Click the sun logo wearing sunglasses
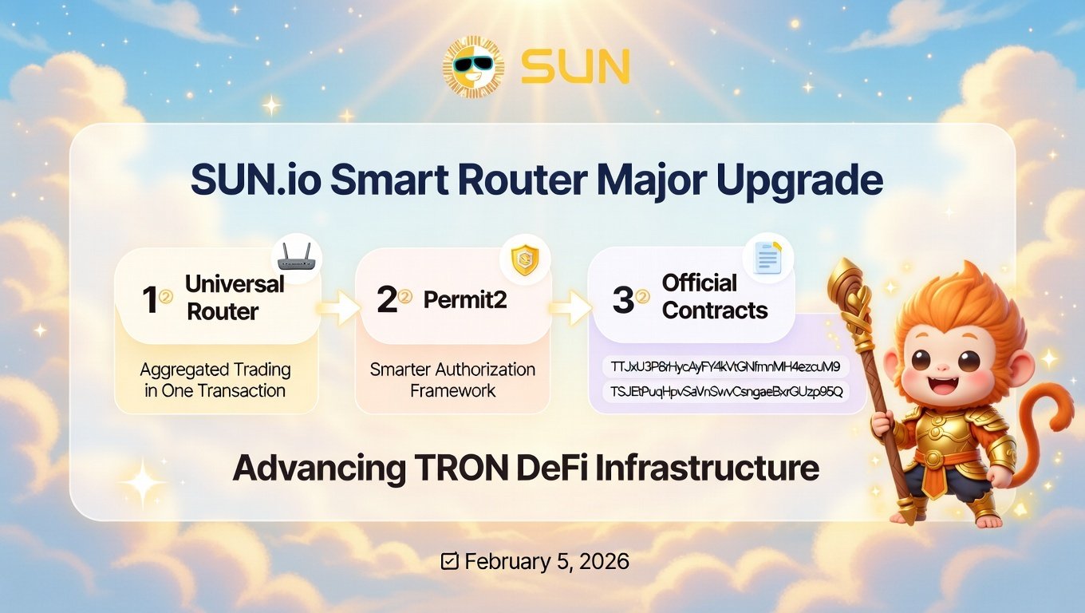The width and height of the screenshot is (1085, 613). pyautogui.click(x=473, y=66)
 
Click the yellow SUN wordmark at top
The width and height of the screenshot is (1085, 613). pyautogui.click(x=575, y=66)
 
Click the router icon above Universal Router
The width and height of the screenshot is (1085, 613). pyautogui.click(x=297, y=259)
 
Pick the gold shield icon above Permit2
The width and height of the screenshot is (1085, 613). pyautogui.click(x=525, y=259)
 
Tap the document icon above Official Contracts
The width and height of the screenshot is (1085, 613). pyautogui.click(x=767, y=257)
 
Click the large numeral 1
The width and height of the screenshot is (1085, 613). pyautogui.click(x=150, y=299)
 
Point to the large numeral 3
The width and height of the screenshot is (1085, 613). pyautogui.click(x=623, y=299)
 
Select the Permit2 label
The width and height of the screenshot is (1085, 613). pyautogui.click(x=465, y=300)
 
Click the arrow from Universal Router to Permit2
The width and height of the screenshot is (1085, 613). pyautogui.click(x=339, y=308)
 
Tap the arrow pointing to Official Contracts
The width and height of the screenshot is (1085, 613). pyautogui.click(x=570, y=308)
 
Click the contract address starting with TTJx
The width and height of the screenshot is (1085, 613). pyautogui.click(x=726, y=366)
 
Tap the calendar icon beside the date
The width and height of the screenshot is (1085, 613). pyautogui.click(x=449, y=561)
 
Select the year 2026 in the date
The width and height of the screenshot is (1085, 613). pyautogui.click(x=604, y=562)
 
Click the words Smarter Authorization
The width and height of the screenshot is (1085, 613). pyautogui.click(x=452, y=370)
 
